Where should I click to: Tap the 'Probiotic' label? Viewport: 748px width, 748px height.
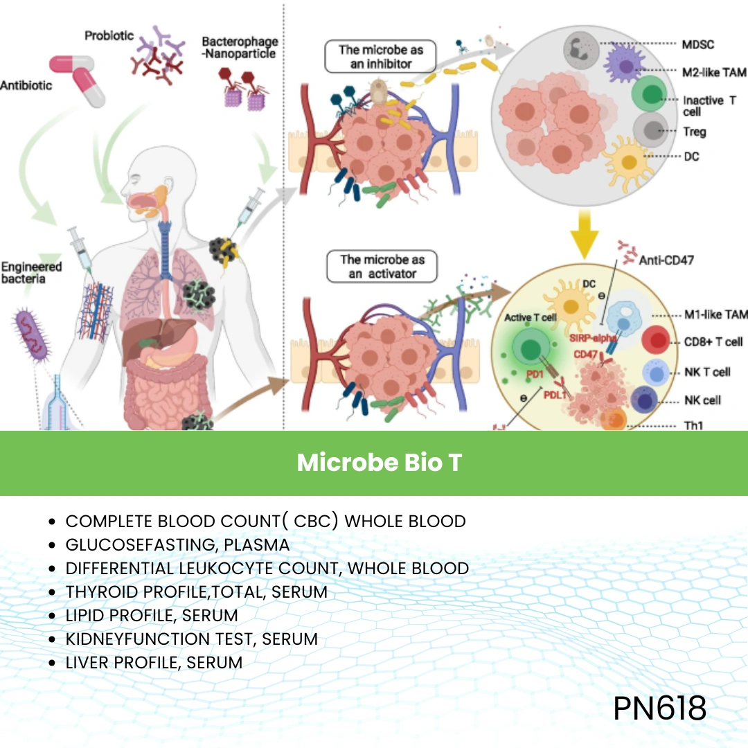(x=109, y=35)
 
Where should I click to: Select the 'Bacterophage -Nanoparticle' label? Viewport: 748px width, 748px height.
(x=240, y=48)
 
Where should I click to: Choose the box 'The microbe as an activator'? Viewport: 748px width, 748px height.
(x=382, y=267)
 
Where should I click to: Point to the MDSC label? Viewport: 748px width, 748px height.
(x=698, y=45)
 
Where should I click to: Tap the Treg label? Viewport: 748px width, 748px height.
(x=695, y=132)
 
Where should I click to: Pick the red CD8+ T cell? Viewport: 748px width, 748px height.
(x=656, y=342)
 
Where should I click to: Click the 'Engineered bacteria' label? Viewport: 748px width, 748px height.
(x=31, y=272)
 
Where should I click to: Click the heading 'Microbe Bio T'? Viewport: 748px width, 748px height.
(x=379, y=463)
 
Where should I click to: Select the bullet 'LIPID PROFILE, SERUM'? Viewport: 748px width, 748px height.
(x=152, y=615)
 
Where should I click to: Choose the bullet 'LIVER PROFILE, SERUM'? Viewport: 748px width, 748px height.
(x=154, y=662)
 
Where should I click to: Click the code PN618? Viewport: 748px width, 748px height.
(x=659, y=708)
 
